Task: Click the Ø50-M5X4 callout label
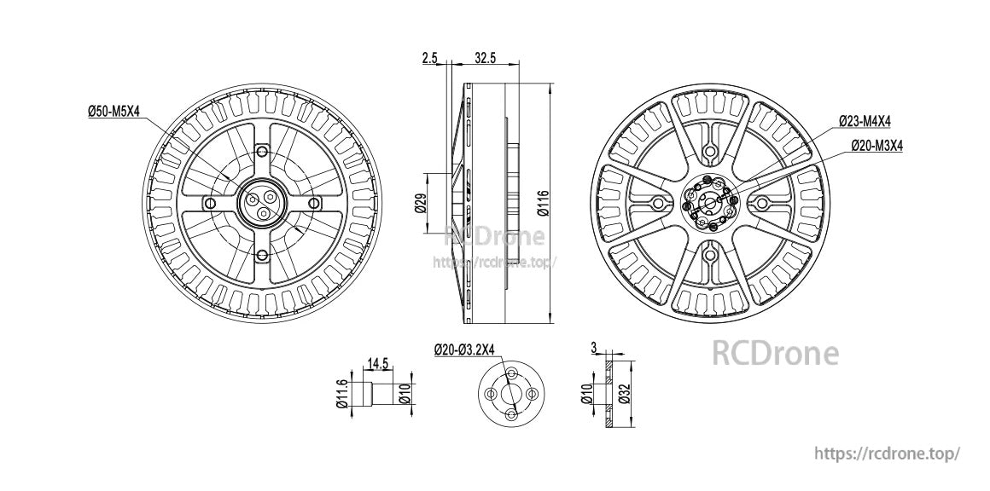click(114, 111)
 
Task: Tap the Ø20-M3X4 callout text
click(877, 147)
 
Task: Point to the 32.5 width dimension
click(486, 58)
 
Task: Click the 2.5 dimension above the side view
click(429, 58)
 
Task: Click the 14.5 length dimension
click(377, 364)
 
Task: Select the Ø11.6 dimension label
click(341, 394)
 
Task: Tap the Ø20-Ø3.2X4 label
click(469, 349)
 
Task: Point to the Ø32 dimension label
click(624, 394)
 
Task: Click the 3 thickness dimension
click(593, 348)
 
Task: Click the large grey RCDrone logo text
click(775, 353)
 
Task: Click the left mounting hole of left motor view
click(209, 203)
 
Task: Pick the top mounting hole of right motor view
click(709, 152)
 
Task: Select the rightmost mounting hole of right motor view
click(760, 203)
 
